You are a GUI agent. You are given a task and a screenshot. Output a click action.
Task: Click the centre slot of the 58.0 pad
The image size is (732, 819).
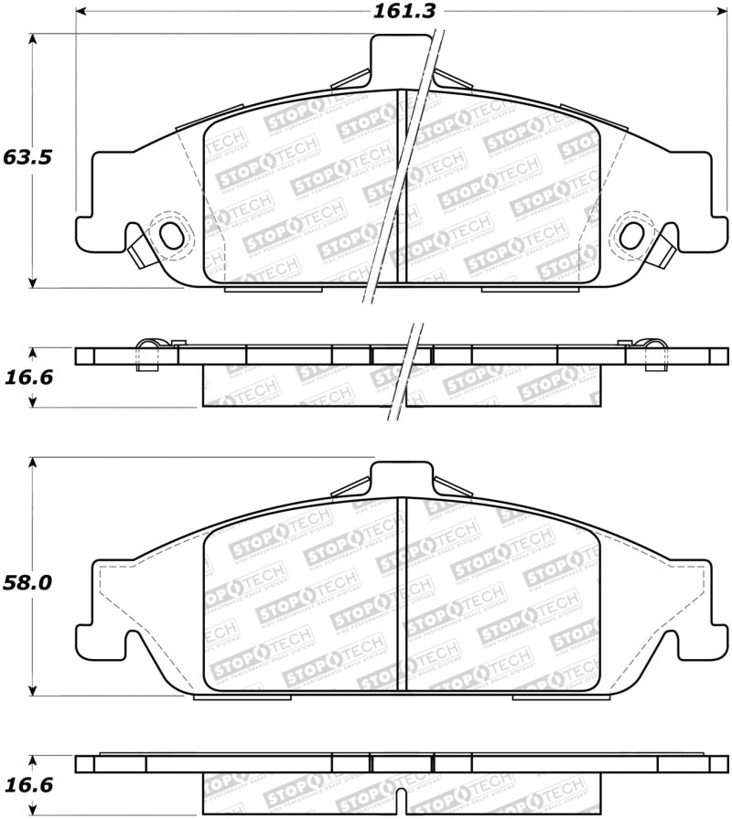coord(400,594)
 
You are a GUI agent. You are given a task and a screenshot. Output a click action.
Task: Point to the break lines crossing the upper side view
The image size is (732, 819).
coord(408,375)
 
